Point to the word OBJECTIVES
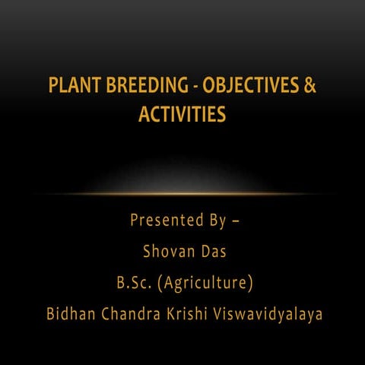[x=249, y=86]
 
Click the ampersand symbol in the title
[x=310, y=86]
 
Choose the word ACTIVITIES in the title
[x=182, y=114]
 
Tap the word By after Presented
[x=216, y=221]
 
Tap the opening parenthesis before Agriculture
[x=160, y=283]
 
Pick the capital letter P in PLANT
[x=53, y=86]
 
